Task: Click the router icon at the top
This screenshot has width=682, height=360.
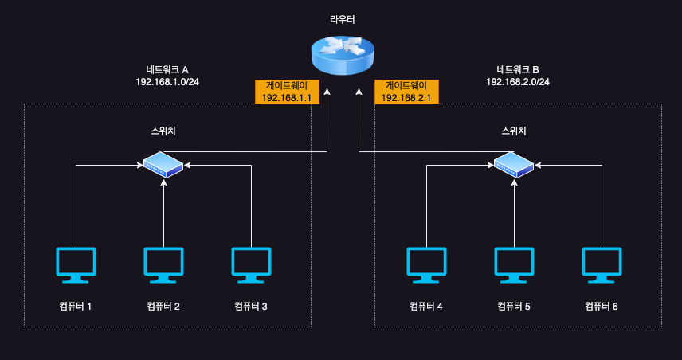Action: click(342, 55)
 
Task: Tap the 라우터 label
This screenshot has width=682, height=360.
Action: click(342, 18)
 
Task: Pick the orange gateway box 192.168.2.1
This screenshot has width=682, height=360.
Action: click(406, 92)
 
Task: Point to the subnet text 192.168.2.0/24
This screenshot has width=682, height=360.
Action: click(517, 82)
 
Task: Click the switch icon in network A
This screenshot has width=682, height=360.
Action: click(163, 166)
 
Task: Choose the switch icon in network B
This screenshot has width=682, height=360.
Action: click(514, 166)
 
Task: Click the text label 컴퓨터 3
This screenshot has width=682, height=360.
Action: click(251, 306)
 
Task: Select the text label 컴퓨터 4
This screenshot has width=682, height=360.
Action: click(426, 306)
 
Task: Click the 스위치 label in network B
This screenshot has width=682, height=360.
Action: click(514, 131)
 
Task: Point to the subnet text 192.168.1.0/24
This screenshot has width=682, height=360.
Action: click(167, 82)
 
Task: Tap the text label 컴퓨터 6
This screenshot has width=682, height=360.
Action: click(602, 306)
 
